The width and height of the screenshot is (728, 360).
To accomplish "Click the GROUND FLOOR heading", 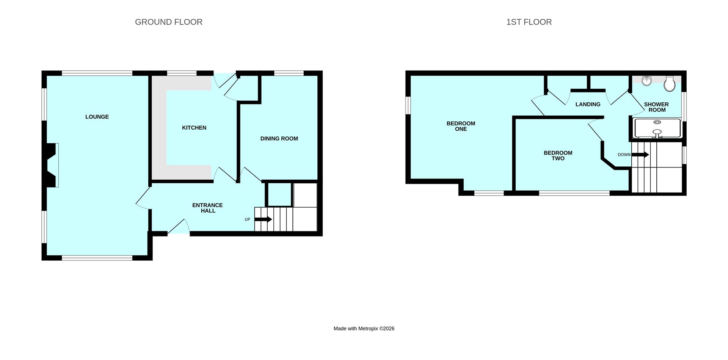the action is click(169, 22).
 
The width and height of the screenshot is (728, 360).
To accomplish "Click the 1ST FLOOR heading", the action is click(529, 22).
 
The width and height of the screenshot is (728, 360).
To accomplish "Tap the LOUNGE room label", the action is click(97, 117).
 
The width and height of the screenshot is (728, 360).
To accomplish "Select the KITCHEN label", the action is click(194, 128).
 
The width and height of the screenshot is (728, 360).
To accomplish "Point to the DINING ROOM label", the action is click(279, 139).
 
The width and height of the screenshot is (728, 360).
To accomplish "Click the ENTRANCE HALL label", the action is click(207, 208).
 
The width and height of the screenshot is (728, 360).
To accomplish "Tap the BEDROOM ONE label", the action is click(461, 126).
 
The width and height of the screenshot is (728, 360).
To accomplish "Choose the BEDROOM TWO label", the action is click(558, 155).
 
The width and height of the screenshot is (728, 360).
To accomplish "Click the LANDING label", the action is click(588, 104).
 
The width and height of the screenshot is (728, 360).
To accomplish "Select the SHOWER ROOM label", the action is click(656, 107).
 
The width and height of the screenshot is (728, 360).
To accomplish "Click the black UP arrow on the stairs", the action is click(263, 219).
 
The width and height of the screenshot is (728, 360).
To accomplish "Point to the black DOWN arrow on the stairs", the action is click(640, 155).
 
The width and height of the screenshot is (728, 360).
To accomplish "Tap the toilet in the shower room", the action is click(670, 84).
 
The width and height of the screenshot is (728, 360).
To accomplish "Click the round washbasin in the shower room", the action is click(647, 81).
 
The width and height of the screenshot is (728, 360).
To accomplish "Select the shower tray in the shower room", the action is click(657, 128).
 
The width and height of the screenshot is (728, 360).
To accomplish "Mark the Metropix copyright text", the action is click(364, 329).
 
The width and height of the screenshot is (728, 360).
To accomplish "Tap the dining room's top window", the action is click(289, 73).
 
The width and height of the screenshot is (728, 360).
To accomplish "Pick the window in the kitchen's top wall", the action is click(182, 73).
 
